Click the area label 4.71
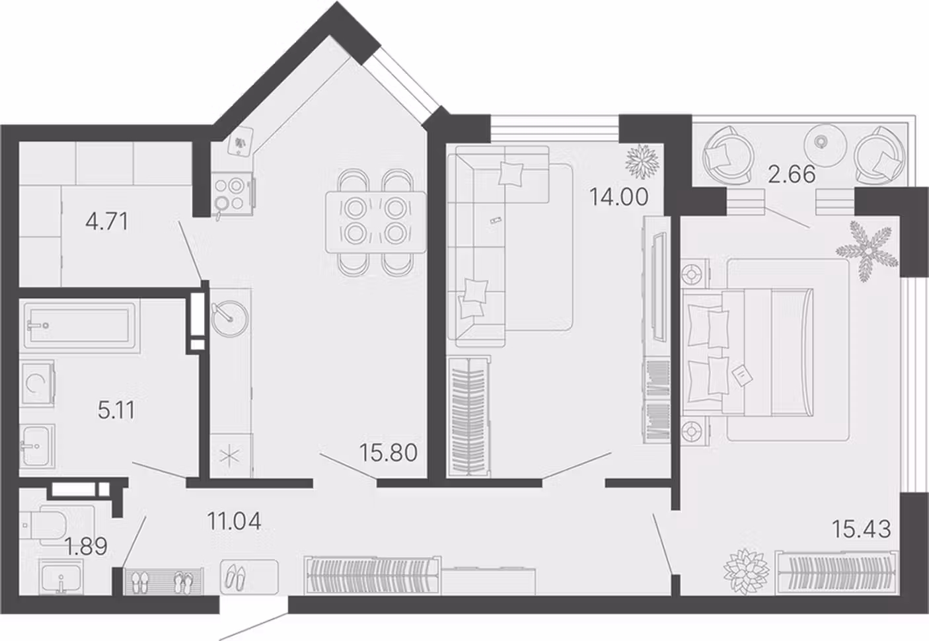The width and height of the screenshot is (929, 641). [107, 221]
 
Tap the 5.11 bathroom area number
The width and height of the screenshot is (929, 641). [116, 410]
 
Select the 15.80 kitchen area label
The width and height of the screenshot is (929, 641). [389, 453]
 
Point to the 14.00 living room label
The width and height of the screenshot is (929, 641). [618, 197]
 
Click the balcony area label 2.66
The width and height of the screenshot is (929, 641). [792, 174]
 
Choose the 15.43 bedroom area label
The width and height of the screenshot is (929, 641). [862, 529]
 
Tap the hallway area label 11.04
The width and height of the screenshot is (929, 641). [235, 521]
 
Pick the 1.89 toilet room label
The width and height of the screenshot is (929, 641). [86, 546]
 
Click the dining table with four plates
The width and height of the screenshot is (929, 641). [376, 223]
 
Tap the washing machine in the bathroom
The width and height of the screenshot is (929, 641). [37, 383]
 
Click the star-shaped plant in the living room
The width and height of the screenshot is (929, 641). [642, 161]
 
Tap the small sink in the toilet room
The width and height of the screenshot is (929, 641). [61, 576]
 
